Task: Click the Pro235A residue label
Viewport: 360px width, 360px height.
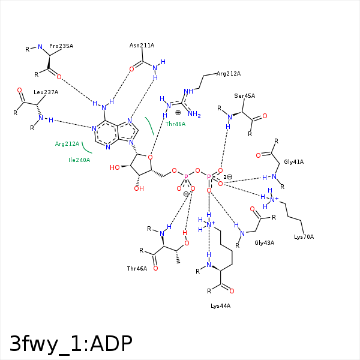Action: pyautogui.click(x=61, y=46)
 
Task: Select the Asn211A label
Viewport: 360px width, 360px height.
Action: pyautogui.click(x=142, y=46)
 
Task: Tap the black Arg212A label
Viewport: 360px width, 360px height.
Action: pyautogui.click(x=229, y=74)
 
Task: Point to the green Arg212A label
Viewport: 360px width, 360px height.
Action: pyautogui.click(x=67, y=144)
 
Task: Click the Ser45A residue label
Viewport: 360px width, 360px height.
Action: pyautogui.click(x=245, y=96)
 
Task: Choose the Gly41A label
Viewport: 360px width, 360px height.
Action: pyautogui.click(x=294, y=162)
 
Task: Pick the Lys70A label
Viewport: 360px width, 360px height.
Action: pyautogui.click(x=304, y=237)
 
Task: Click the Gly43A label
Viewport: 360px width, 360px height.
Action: pyautogui.click(x=264, y=243)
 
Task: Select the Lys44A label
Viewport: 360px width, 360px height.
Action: pyautogui.click(x=221, y=306)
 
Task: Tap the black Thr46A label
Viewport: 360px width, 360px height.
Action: pyautogui.click(x=137, y=269)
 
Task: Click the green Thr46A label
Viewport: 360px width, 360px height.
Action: pyautogui.click(x=175, y=124)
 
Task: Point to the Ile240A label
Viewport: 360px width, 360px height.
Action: pyautogui.click(x=79, y=160)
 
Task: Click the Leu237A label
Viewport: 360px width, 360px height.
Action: pyautogui.click(x=46, y=92)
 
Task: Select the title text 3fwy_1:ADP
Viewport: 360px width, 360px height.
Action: pyautogui.click(x=71, y=344)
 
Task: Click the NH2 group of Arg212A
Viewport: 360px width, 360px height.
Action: pyautogui.click(x=194, y=114)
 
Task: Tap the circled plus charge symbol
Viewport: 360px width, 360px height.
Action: pyautogui.click(x=178, y=113)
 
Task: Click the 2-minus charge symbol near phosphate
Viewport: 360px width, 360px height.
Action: pyautogui.click(x=228, y=177)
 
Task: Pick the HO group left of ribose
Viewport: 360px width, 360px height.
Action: pyautogui.click(x=115, y=167)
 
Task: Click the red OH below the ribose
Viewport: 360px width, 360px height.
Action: pyautogui.click(x=139, y=189)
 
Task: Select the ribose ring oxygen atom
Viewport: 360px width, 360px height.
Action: pyautogui.click(x=150, y=157)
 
